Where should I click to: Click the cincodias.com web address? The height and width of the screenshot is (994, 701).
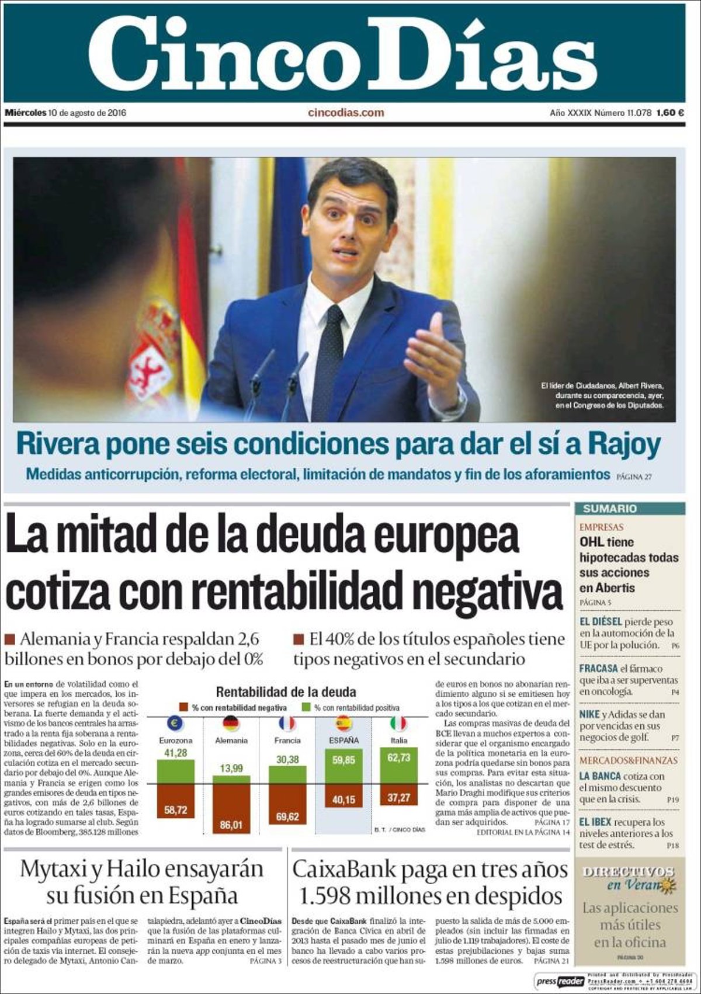click(x=346, y=113)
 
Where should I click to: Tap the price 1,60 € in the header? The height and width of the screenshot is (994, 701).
click(x=669, y=113)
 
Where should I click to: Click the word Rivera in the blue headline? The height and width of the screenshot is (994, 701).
click(x=57, y=444)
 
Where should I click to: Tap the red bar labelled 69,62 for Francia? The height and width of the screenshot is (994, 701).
click(x=287, y=804)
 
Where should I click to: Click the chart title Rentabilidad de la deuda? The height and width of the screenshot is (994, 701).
click(x=286, y=693)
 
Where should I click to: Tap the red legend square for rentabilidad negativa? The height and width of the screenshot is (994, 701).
click(x=184, y=708)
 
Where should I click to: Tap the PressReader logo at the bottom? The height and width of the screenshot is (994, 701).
click(x=560, y=981)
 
